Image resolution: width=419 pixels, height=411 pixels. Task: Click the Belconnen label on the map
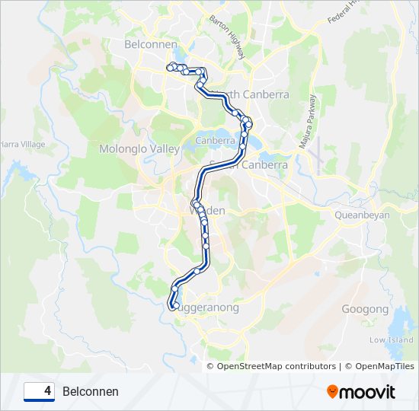(150, 45)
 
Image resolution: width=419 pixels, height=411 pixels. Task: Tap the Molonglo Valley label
(139, 149)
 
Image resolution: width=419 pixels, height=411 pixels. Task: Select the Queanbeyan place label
(362, 215)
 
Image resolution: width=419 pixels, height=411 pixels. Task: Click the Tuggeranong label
(207, 308)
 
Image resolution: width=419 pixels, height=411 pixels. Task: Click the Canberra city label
(215, 141)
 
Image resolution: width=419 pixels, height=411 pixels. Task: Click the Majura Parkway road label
(307, 121)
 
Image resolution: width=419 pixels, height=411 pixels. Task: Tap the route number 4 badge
(40, 391)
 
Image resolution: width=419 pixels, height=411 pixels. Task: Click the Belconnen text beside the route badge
(91, 392)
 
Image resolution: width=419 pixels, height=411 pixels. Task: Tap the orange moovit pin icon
(332, 392)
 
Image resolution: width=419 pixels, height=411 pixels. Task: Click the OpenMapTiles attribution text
(379, 366)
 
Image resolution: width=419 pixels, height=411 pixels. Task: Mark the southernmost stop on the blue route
(174, 306)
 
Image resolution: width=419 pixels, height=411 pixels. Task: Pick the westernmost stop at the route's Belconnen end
(170, 66)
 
